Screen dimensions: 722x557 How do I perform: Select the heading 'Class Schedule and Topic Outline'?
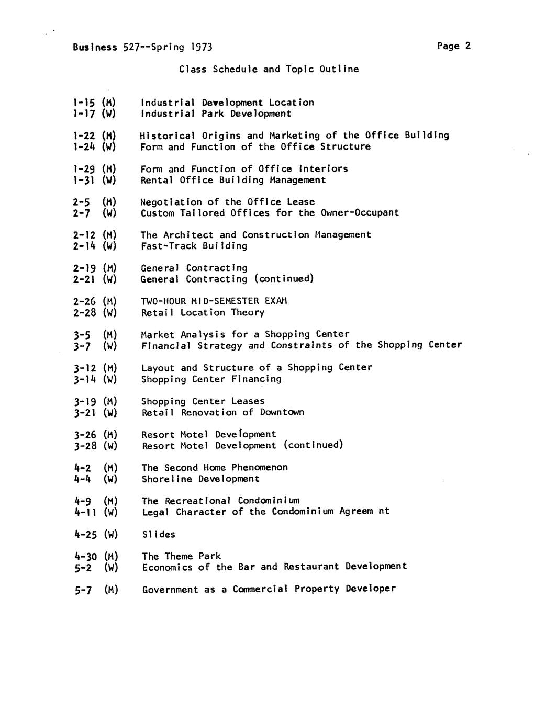point(269,69)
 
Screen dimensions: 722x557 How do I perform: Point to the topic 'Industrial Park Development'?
point(216,114)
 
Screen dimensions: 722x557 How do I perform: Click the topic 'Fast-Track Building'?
point(194,246)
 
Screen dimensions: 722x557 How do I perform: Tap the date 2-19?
point(84,268)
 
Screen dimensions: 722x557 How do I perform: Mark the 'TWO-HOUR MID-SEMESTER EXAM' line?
point(214,301)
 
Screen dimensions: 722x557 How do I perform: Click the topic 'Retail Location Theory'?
point(203,313)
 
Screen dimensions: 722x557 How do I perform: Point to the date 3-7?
point(82,346)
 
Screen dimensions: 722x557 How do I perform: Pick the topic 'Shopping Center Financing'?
point(211,379)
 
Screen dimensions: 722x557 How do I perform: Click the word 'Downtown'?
point(282,412)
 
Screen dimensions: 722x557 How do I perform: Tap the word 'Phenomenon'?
point(259,468)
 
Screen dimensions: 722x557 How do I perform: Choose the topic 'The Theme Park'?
point(181,556)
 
